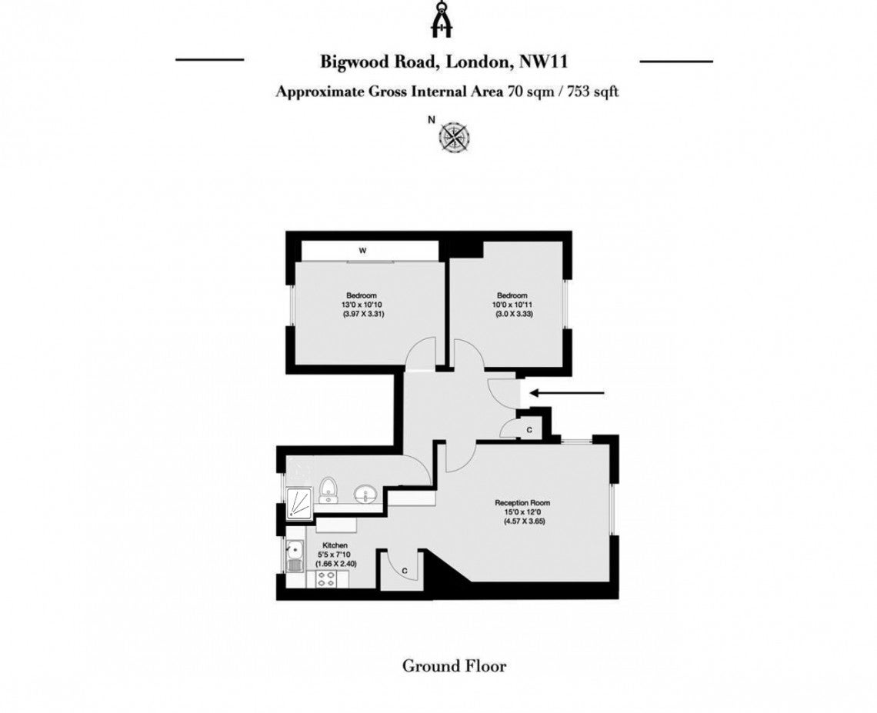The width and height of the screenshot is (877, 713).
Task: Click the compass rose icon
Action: tap(454, 136)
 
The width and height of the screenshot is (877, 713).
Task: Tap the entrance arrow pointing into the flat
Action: tap(567, 393)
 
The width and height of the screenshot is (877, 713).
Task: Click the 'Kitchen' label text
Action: tap(335, 545)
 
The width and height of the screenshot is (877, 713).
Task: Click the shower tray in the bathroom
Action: tap(299, 504)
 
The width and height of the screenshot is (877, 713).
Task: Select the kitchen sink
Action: tap(295, 556)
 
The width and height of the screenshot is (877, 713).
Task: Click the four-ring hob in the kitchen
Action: tap(325, 580)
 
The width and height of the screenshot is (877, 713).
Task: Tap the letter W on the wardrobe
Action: tap(362, 251)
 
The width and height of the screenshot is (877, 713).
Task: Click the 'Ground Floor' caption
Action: tap(454, 666)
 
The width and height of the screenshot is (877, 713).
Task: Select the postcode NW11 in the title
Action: tap(544, 61)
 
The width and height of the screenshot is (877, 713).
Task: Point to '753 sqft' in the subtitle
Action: tap(593, 92)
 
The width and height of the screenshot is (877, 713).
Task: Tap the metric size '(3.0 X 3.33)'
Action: tap(514, 315)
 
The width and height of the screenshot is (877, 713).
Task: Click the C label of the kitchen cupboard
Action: tap(405, 571)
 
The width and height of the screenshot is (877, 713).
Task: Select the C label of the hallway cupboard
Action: tap(529, 429)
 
